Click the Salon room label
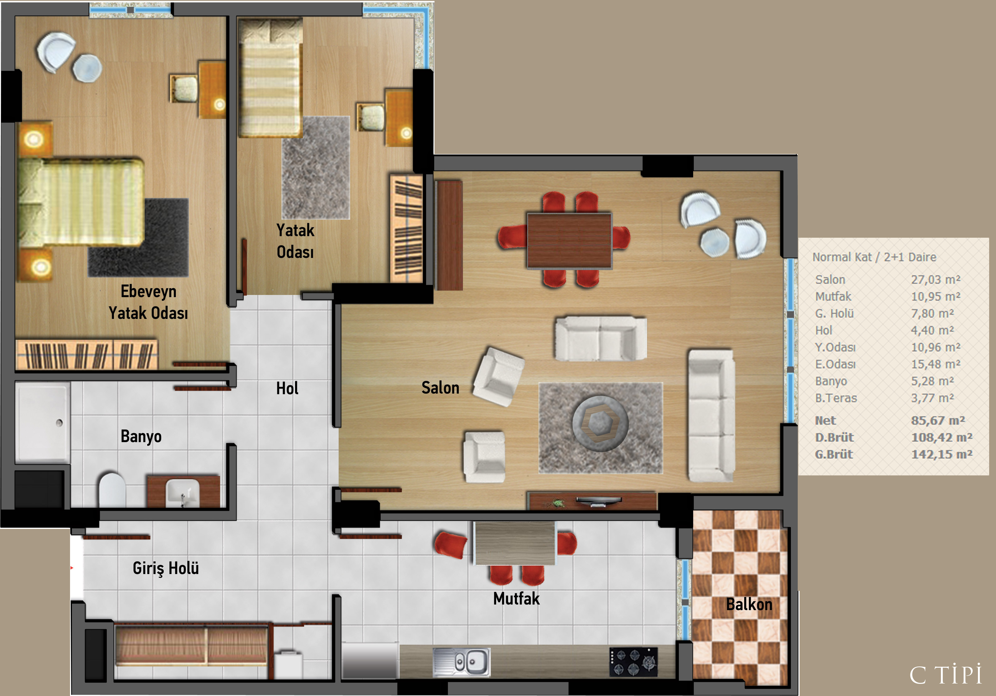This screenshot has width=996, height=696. tap(440, 388)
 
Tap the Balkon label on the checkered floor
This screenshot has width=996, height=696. tap(749, 604)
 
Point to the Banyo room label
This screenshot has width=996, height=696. tap(141, 436)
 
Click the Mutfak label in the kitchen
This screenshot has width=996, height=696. tap(516, 598)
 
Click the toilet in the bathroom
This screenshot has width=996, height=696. tap(112, 490)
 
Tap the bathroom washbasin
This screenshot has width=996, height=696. tap(183, 493)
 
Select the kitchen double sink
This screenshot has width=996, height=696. tap(462, 662)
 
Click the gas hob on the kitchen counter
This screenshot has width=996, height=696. tap(633, 662)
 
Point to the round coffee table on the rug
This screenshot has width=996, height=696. tap(600, 424)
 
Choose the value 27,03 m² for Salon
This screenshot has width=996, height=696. tap(936, 280)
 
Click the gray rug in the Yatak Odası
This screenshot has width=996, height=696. tap(316, 167)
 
